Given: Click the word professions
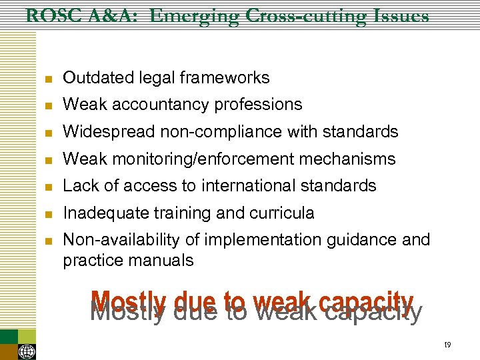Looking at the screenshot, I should click(256, 105).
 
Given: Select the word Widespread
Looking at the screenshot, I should click(109, 132).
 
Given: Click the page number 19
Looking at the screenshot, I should click(447, 345).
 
